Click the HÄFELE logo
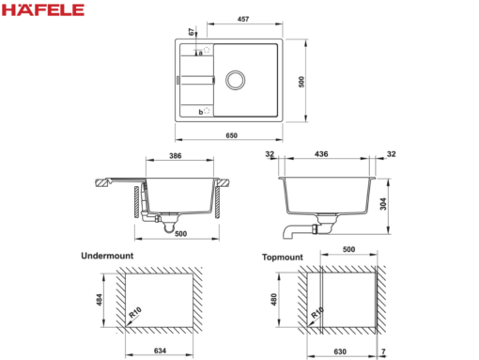[x=43, y=9]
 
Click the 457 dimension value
[x=243, y=19]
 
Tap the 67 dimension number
[x=192, y=32]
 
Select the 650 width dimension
[x=232, y=135]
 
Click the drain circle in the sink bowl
[x=235, y=80]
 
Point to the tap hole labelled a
[x=207, y=50]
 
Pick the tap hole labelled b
[x=207, y=110]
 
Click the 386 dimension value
[x=176, y=156]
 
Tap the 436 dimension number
[x=321, y=154]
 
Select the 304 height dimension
[x=383, y=204]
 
